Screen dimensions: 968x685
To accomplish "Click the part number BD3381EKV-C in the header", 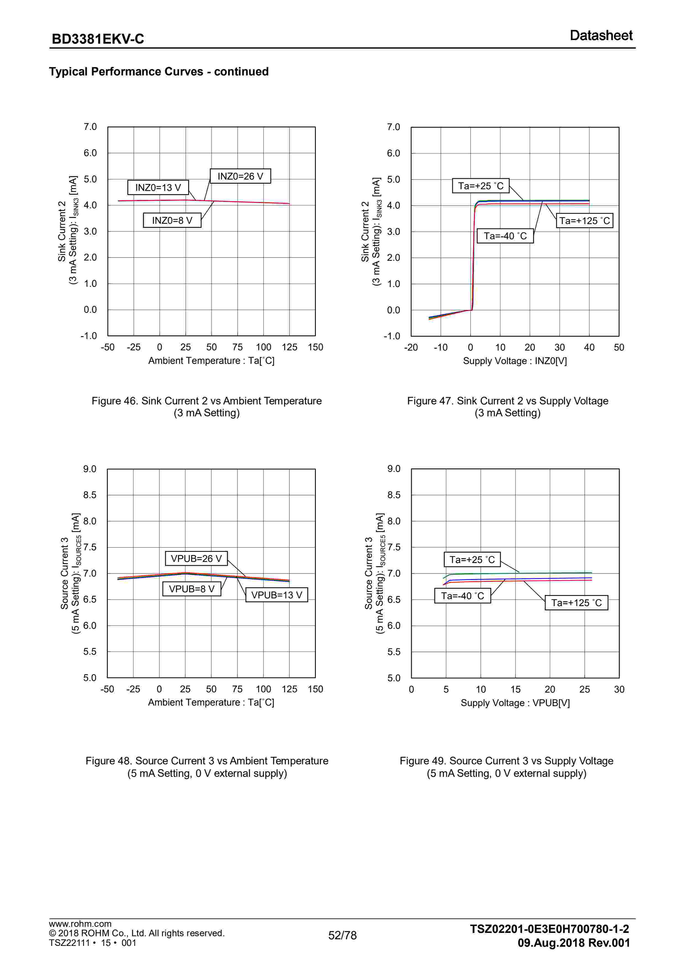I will [98, 39].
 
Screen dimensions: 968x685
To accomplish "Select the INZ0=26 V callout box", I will [240, 176].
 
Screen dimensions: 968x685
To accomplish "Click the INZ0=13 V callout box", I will [158, 188].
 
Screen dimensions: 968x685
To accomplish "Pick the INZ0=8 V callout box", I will [172, 220].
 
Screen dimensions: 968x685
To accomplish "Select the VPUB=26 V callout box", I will [196, 559].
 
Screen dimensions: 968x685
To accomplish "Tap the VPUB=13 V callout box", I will [277, 595].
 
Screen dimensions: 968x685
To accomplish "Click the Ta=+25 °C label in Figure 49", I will [472, 559].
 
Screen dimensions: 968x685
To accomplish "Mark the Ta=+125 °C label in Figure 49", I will [576, 603].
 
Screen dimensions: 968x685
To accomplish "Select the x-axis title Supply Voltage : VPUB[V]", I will [515, 703].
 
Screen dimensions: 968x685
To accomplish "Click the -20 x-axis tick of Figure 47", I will [411, 348].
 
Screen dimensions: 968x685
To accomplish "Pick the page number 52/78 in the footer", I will [343, 935].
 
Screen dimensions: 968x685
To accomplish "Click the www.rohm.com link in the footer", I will [80, 924].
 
